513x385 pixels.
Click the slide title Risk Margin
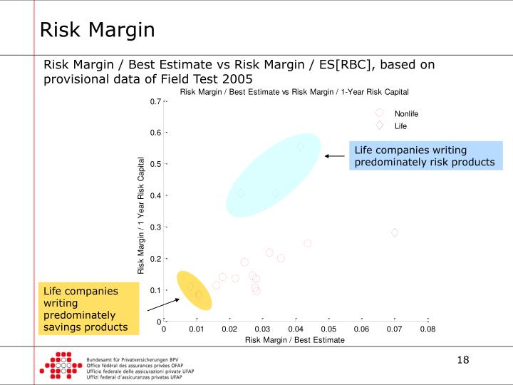[x=97, y=30]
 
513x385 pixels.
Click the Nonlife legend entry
[x=406, y=113]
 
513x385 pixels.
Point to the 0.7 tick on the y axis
[x=155, y=101]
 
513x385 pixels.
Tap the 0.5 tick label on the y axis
[x=155, y=164]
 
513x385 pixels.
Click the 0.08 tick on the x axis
[x=427, y=329]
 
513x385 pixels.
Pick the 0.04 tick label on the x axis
[x=295, y=329]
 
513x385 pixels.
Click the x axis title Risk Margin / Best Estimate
[x=294, y=340]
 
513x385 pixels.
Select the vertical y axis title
[x=141, y=215]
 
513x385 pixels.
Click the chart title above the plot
[x=294, y=91]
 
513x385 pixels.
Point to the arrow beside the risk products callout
[x=333, y=155]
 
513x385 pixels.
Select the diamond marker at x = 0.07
[x=395, y=232]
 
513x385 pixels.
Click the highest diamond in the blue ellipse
[x=300, y=147]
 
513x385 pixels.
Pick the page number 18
[x=463, y=359]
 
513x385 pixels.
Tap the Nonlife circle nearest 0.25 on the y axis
[x=308, y=243]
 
